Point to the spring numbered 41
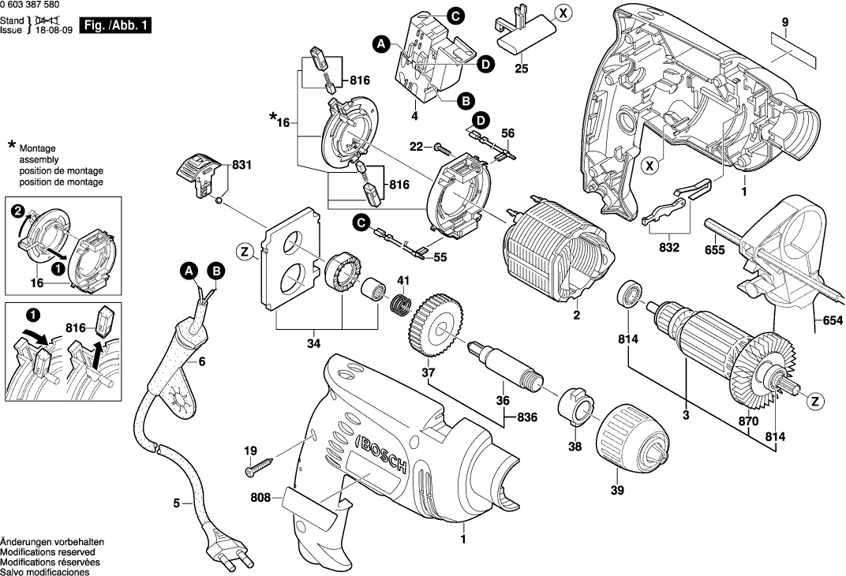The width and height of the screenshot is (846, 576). pyautogui.click(x=402, y=302)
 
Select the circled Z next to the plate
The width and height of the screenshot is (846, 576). pyautogui.click(x=245, y=252)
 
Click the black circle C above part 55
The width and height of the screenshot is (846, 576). pyautogui.click(x=361, y=223)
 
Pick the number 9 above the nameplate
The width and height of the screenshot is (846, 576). pyautogui.click(x=785, y=24)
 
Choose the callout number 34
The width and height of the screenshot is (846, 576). pyautogui.click(x=314, y=343)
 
